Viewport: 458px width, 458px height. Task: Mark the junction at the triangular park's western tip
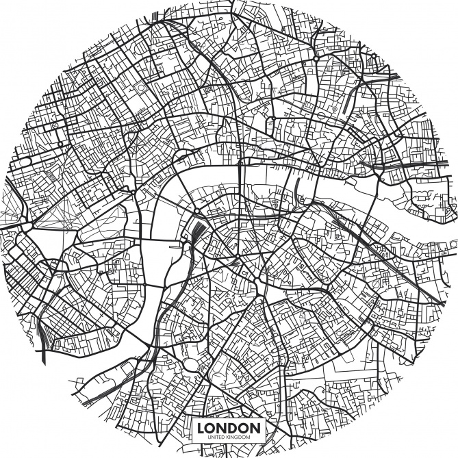pos(24,225)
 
